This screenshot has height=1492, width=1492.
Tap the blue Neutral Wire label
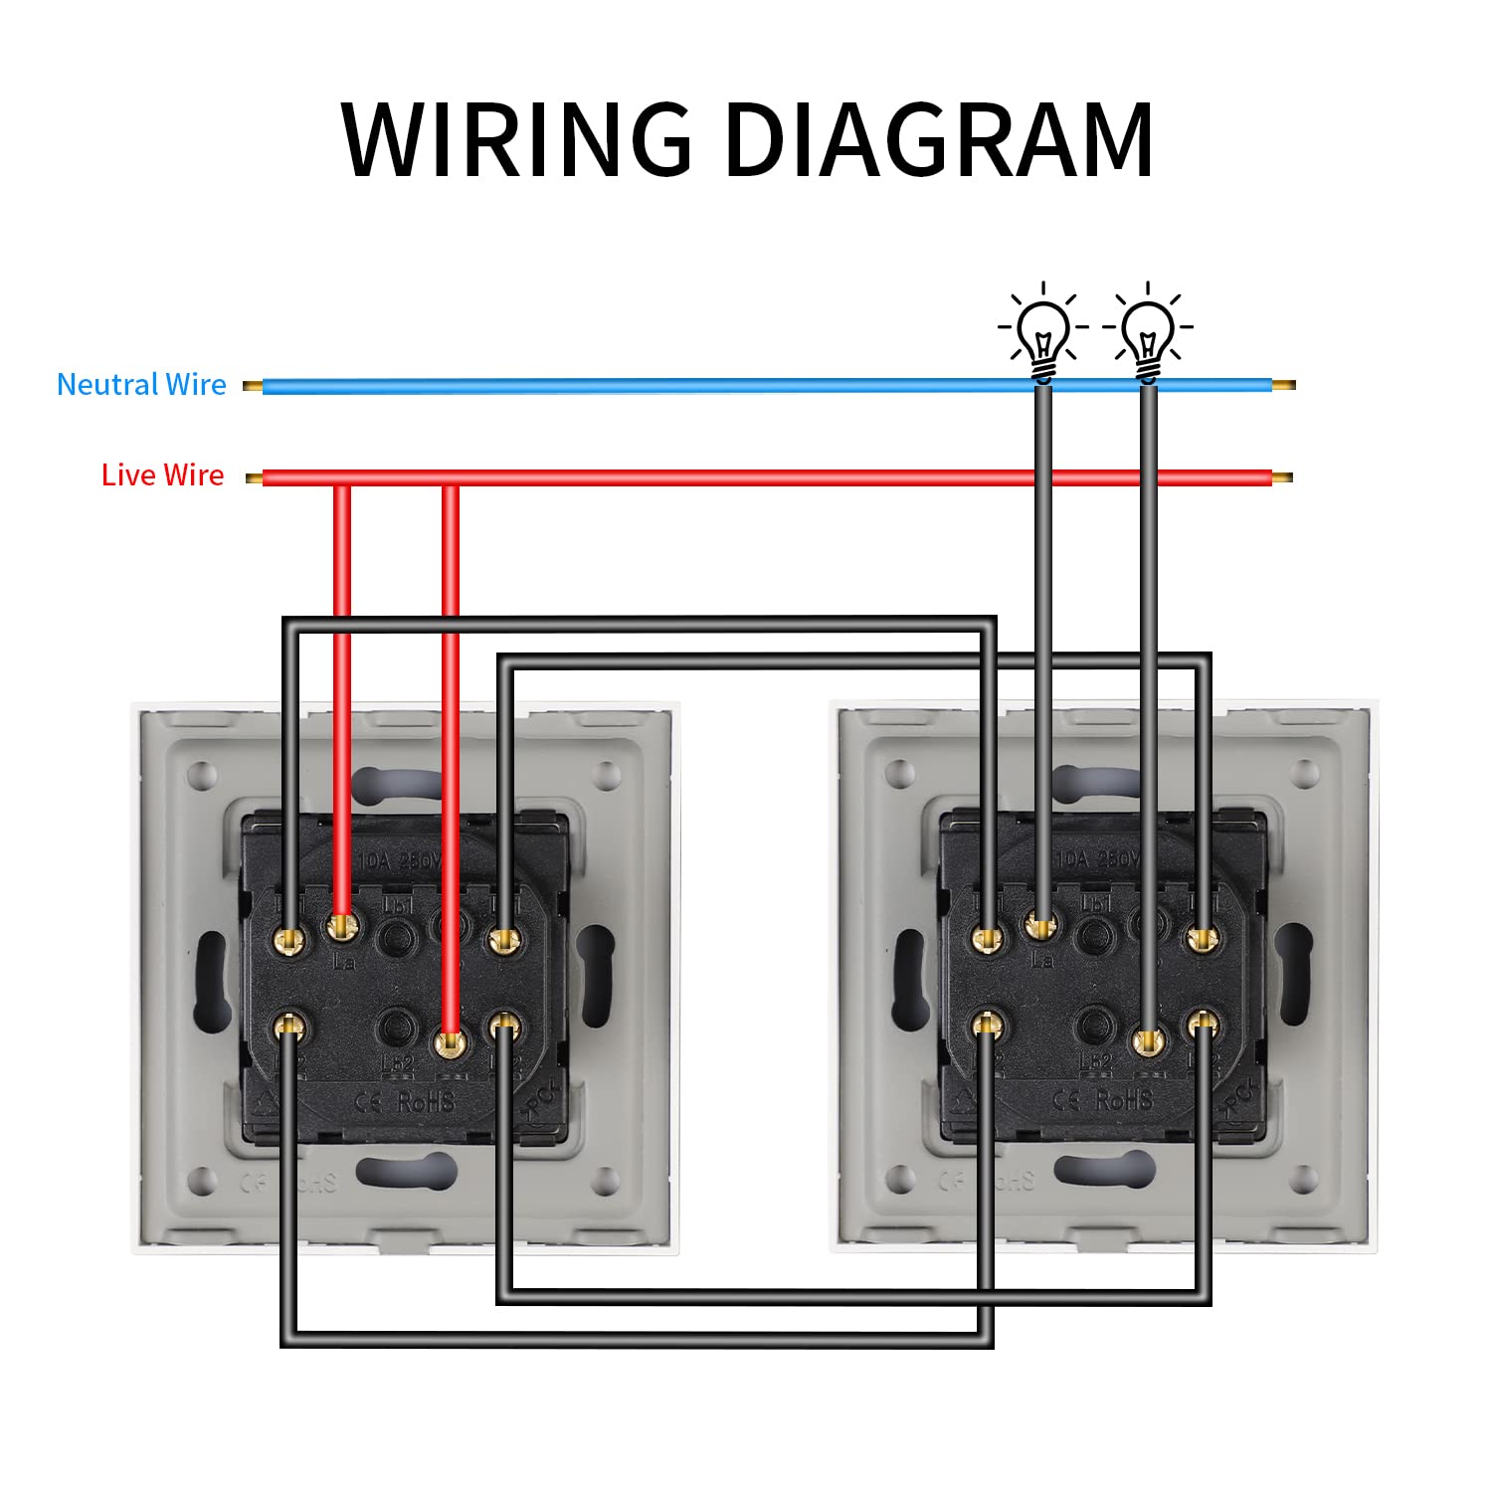click(x=141, y=385)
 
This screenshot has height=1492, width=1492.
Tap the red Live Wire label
click(x=163, y=475)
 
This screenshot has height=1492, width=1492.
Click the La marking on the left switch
click(x=344, y=961)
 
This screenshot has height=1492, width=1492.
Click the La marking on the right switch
click(x=1041, y=961)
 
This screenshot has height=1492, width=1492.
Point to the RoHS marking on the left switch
click(x=426, y=1101)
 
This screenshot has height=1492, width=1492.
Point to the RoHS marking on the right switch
click(x=1124, y=1100)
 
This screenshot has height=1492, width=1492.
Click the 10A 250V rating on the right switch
click(x=1097, y=859)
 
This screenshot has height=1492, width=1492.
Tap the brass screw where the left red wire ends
click(x=341, y=928)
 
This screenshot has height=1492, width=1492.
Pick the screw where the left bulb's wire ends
click(x=1041, y=928)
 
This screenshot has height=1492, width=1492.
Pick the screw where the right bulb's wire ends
click(x=1149, y=1041)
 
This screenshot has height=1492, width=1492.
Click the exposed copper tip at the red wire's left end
click(x=254, y=478)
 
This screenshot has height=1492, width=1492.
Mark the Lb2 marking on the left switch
click(x=397, y=1062)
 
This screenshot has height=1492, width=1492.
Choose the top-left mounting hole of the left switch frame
click(x=202, y=773)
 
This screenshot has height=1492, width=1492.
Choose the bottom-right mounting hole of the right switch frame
click(x=1304, y=1181)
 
